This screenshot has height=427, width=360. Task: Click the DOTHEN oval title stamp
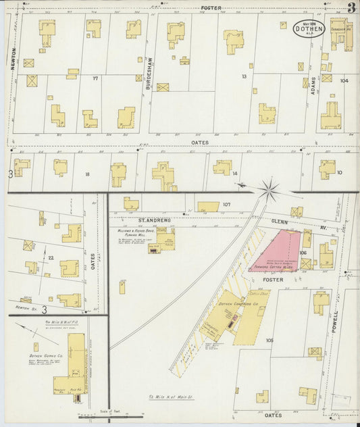pos(309,29)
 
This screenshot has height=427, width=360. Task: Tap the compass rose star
pos(269,190)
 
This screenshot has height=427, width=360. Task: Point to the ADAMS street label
pos(313,86)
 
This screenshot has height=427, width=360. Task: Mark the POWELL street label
pos(336,324)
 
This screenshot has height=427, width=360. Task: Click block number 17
pos(95,78)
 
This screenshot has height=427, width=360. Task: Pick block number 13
pos(244,76)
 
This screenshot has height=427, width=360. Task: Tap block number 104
pos(344,80)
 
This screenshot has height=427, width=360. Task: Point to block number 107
pos(226,204)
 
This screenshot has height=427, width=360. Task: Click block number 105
pos(269,340)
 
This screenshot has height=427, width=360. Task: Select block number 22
pos(51,257)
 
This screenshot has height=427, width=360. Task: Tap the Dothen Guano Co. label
pos(45,355)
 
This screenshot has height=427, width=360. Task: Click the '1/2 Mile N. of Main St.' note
pos(171,397)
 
